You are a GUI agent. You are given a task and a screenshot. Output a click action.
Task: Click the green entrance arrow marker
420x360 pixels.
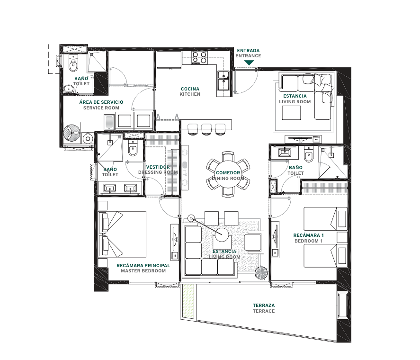tap(249, 63)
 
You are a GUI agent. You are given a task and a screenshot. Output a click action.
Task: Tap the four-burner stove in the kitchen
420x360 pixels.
tap(199, 58)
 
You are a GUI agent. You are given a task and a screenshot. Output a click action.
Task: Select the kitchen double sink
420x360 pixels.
tap(223, 81)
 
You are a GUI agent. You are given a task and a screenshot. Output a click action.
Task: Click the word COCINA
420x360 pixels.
tap(190, 89)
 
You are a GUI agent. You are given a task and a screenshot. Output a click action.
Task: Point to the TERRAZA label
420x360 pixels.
tap(264, 306)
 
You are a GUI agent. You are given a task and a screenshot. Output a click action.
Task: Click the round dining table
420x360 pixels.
tap(228, 174)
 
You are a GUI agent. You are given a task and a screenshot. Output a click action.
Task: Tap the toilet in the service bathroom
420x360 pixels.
tap(73, 63)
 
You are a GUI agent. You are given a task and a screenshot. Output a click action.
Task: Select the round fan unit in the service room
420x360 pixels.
tap(72, 133)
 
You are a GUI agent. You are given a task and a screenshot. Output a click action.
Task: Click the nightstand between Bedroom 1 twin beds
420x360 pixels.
tap(342, 237)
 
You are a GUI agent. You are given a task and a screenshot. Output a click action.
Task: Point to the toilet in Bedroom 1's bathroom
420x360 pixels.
tap(309, 154)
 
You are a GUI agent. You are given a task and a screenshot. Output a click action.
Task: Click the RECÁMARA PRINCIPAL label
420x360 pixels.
tap(143, 266)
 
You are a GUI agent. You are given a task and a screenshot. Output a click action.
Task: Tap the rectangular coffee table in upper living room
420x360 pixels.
tap(291, 113)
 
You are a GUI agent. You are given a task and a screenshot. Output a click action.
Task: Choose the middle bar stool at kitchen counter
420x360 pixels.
tap(206, 129)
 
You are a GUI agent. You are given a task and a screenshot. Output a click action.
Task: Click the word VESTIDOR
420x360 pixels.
tap(158, 167)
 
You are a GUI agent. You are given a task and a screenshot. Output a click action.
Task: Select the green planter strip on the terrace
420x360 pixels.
tap(188, 301)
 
